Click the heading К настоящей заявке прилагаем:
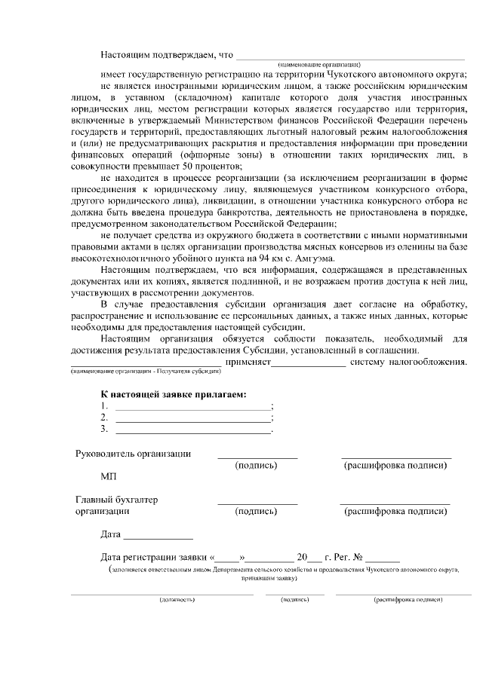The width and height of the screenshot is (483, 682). [174, 394]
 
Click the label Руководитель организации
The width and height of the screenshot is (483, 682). [133, 454]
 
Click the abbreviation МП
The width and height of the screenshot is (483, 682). [109, 477]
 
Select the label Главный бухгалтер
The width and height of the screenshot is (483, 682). [117, 499]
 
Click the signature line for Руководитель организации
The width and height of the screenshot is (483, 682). [257, 457]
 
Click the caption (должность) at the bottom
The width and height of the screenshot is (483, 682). [177, 600]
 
